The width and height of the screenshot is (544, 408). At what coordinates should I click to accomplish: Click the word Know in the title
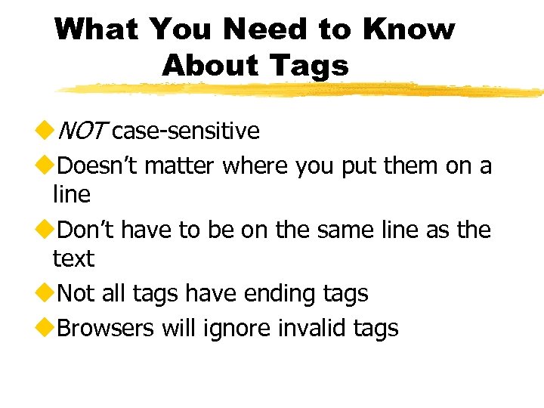pos(409,29)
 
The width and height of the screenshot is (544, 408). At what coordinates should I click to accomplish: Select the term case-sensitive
pos(185,131)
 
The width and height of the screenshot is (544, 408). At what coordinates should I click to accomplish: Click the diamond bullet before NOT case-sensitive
pos(43,131)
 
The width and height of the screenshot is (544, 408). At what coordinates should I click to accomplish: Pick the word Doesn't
pos(97,165)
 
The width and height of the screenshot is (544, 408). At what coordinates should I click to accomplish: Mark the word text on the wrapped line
pos(73,259)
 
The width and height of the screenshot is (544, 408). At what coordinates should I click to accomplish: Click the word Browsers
pos(106,328)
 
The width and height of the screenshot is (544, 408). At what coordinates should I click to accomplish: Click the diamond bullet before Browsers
pos(43,328)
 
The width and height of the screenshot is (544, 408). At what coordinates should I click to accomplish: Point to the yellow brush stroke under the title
pos(302,90)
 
